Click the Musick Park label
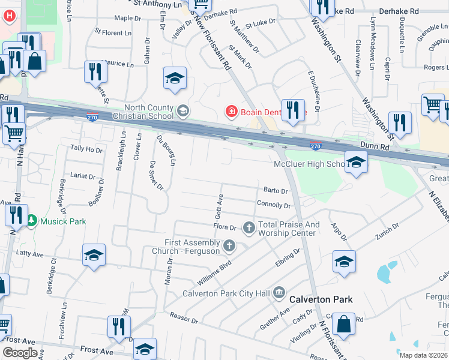(x=63, y=221)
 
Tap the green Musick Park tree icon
(x=32, y=221)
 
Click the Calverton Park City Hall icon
(x=279, y=293)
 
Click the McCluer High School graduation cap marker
(x=356, y=162)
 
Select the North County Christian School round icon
(x=183, y=111)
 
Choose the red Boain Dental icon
(x=231, y=111)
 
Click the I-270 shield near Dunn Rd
(x=316, y=146)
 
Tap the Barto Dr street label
(x=276, y=191)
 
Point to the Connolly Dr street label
(x=273, y=205)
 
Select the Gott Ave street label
(x=220, y=206)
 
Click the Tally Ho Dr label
(x=86, y=148)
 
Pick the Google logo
(x=20, y=353)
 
